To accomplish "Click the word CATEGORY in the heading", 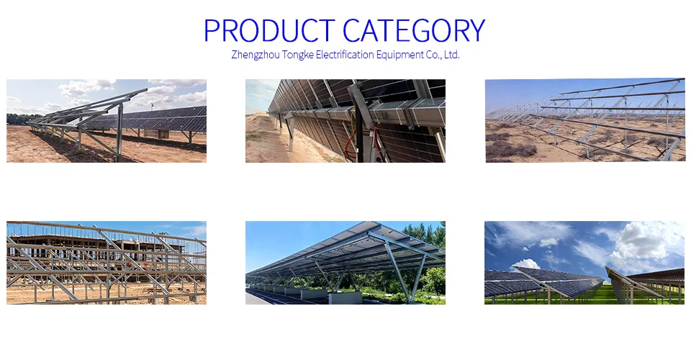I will pos(414,31).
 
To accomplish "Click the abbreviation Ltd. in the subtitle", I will pos(451,55).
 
